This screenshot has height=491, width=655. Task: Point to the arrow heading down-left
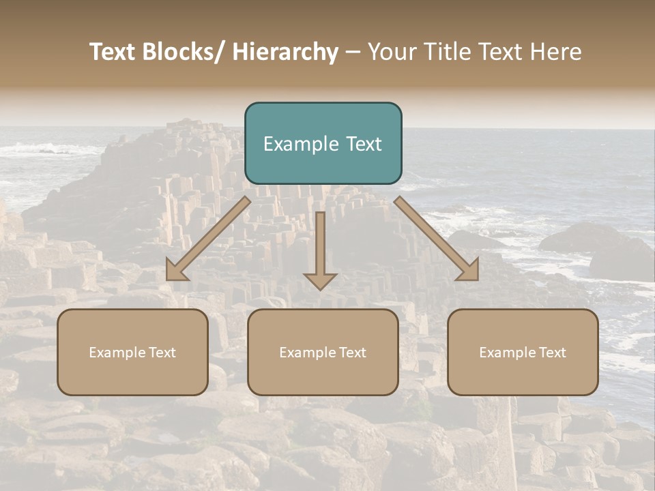[x=208, y=239]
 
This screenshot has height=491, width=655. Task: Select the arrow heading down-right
[x=437, y=239]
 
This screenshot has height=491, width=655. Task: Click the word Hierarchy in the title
[x=285, y=52]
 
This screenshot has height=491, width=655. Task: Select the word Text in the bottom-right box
[x=553, y=353]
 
